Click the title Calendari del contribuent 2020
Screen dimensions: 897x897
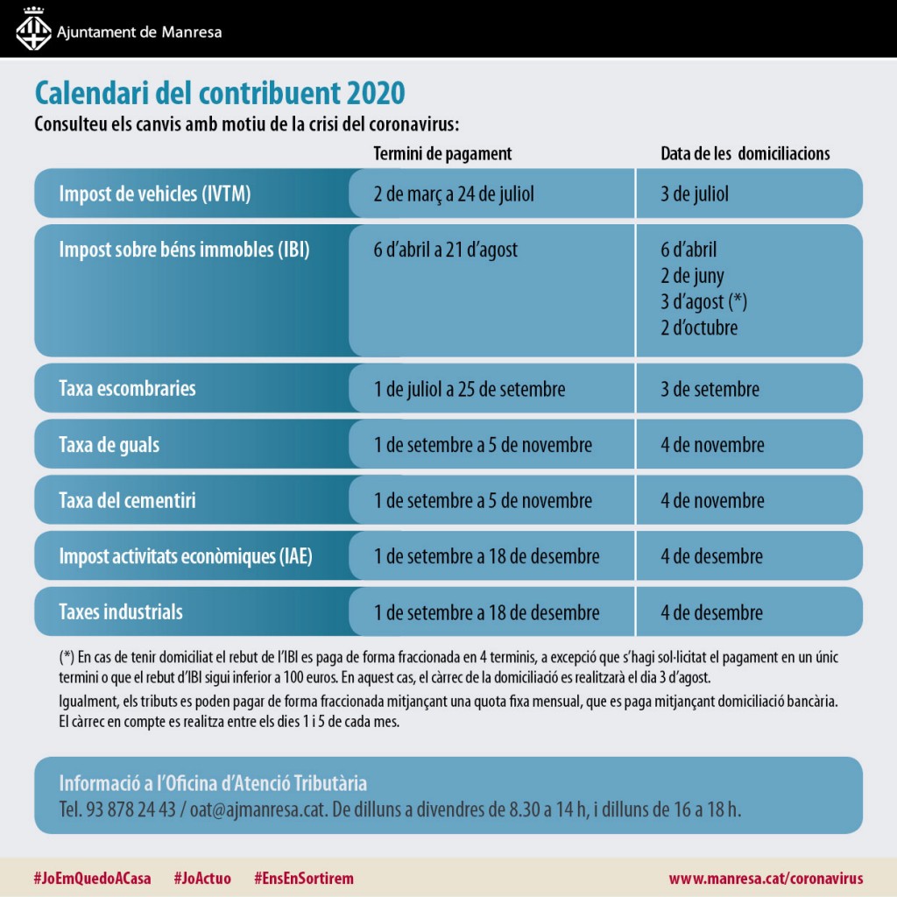(x=219, y=92)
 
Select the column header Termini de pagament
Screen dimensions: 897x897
(x=442, y=153)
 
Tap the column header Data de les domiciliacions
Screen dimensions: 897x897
(x=745, y=153)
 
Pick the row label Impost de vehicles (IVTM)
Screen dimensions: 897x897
(x=155, y=194)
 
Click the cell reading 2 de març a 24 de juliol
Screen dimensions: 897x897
(x=454, y=194)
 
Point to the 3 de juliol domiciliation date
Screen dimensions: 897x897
(x=695, y=194)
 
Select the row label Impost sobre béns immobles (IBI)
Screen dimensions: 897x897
(x=184, y=250)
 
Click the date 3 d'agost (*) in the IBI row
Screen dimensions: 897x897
(x=703, y=302)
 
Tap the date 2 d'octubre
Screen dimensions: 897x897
(x=699, y=328)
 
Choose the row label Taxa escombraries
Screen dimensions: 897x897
(x=127, y=388)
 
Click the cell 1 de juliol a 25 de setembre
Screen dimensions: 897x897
(x=470, y=388)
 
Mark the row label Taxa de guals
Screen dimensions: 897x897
(x=109, y=444)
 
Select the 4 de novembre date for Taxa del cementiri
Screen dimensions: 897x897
(x=712, y=500)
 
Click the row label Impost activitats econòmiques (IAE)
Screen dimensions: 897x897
(x=186, y=556)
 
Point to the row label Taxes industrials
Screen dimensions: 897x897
(x=121, y=611)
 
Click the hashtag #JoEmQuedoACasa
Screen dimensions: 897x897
(x=92, y=878)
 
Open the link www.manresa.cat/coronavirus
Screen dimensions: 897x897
(x=766, y=878)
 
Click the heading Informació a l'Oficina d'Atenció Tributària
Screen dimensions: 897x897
(x=213, y=782)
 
